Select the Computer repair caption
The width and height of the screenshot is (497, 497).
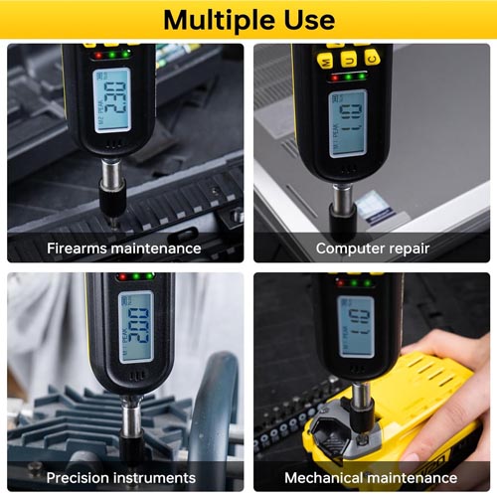pos(371,248)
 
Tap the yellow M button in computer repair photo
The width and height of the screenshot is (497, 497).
pos(325,59)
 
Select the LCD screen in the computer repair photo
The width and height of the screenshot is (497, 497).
pos(348,123)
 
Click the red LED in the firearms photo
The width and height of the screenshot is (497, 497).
pos(99,54)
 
